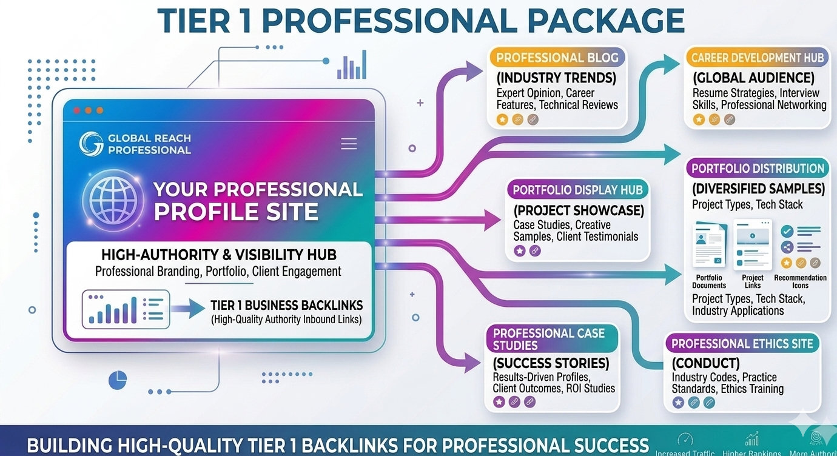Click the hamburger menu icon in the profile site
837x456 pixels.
(349, 144)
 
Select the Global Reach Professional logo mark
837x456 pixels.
(90, 143)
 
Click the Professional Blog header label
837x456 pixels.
(557, 58)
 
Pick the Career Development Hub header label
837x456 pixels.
(758, 58)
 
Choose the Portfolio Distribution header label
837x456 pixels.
(758, 169)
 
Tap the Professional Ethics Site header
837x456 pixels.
(742, 344)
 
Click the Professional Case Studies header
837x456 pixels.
(549, 339)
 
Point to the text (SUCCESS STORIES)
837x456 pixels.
(551, 364)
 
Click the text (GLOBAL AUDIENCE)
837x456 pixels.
(753, 78)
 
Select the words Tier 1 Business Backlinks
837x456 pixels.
(286, 306)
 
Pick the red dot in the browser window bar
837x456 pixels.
(76, 110)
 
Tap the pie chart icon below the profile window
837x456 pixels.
(118, 380)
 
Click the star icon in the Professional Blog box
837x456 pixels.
(502, 119)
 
